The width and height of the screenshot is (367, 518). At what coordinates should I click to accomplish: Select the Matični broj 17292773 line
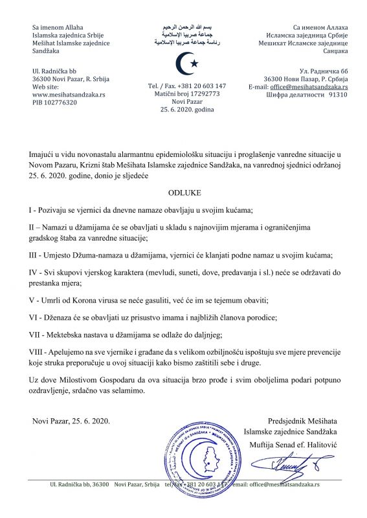(184, 94)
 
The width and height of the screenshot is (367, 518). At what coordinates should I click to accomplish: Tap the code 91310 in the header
(338, 94)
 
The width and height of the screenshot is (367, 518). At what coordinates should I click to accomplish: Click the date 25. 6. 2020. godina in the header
(183, 111)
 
